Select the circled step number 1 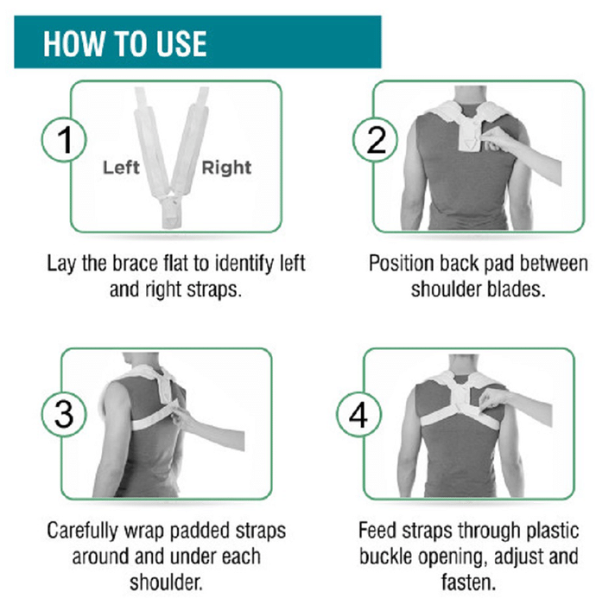point(64,140)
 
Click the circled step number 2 point(376,140)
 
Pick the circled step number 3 point(64,414)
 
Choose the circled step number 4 point(358,414)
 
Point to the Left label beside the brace point(121,168)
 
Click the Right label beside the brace point(226,169)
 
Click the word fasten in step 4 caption point(468,583)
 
